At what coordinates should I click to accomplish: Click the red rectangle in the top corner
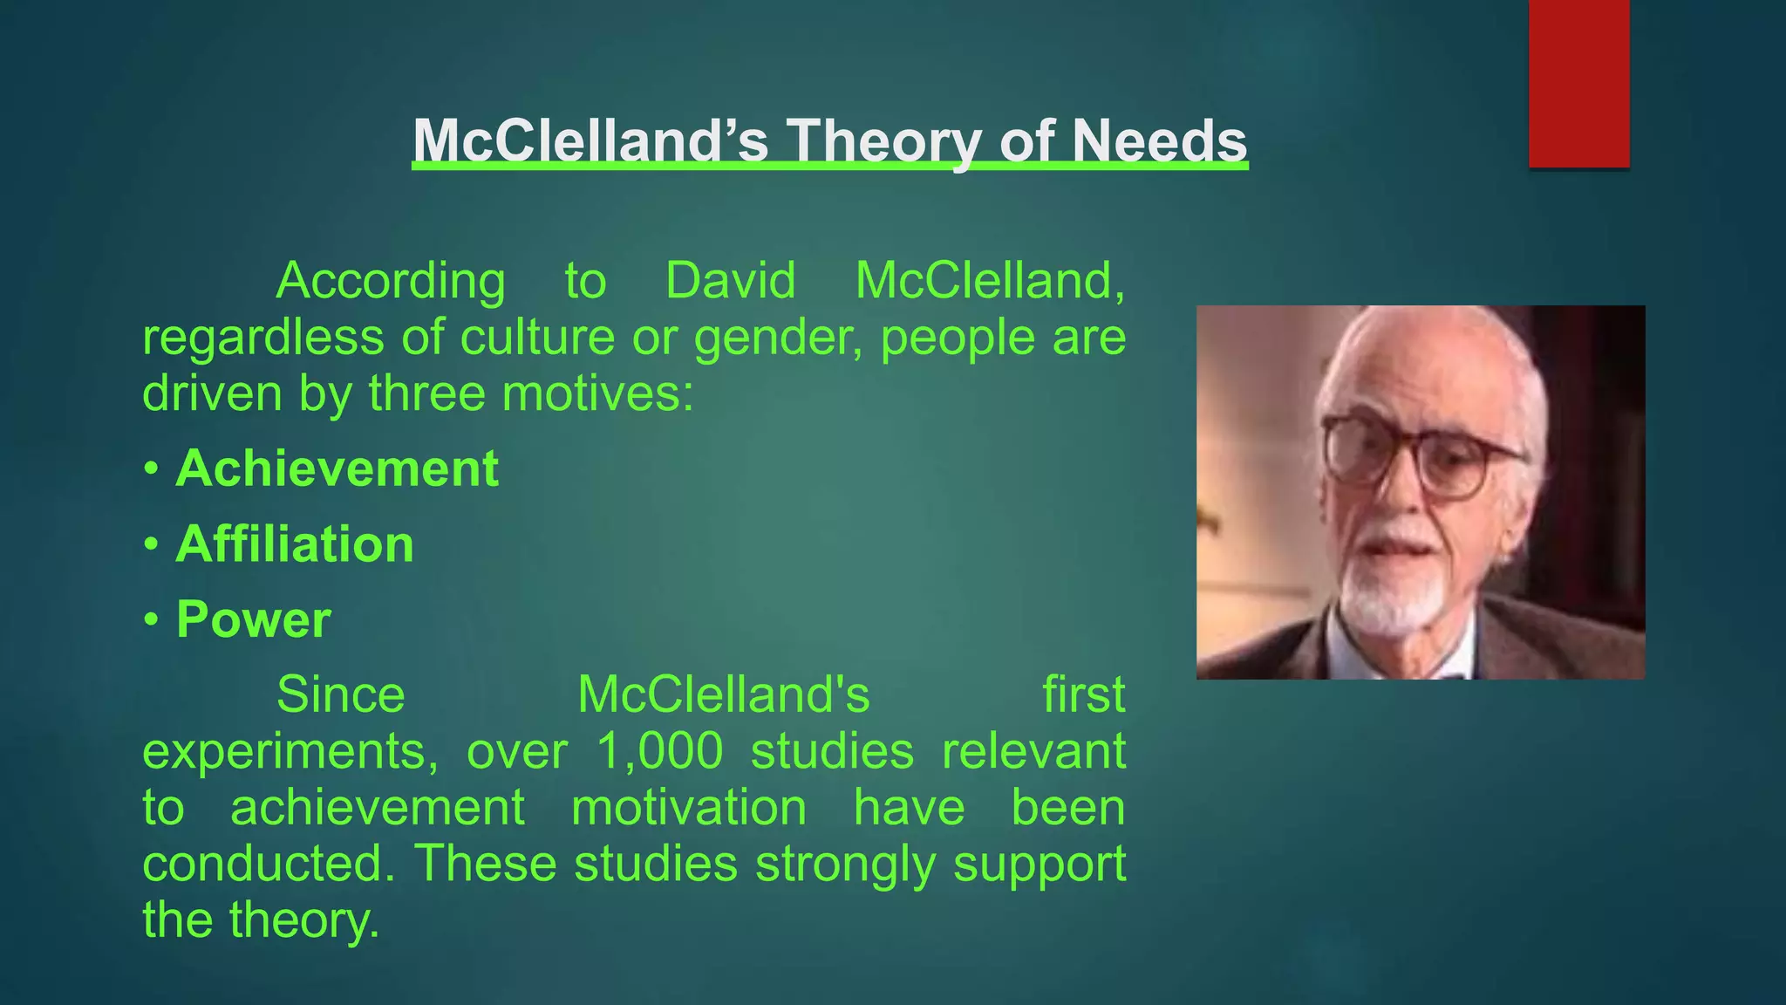pos(1578,83)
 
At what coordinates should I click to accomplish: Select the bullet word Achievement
pos(337,468)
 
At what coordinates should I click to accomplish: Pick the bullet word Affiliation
pos(295,544)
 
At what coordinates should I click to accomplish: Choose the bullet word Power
pos(253,619)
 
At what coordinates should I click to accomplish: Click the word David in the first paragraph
pos(730,281)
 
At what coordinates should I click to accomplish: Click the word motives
pos(597,393)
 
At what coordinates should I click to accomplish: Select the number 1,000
pos(659,751)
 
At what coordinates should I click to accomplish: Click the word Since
pos(340,695)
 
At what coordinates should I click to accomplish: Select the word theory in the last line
pos(304,921)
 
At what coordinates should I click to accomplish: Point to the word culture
pos(537,338)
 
